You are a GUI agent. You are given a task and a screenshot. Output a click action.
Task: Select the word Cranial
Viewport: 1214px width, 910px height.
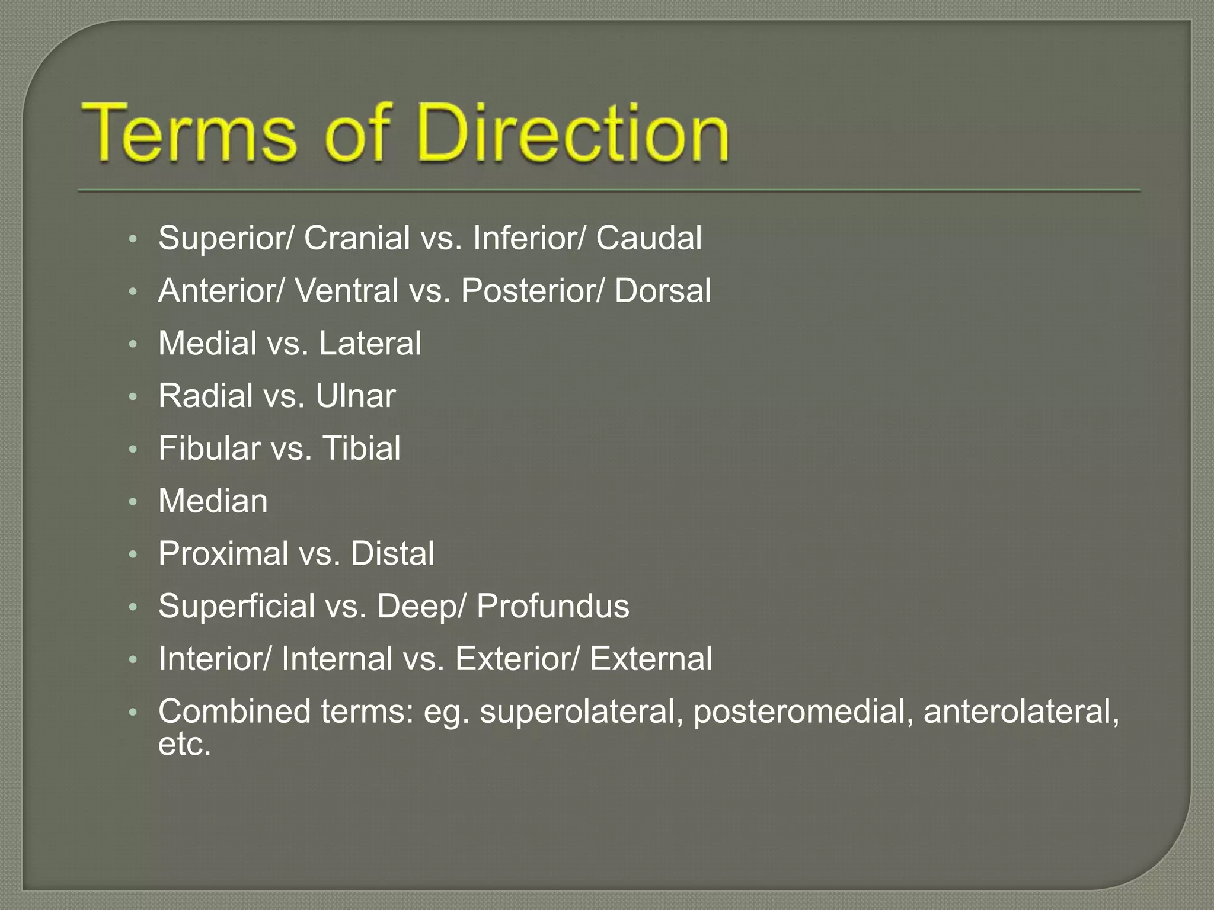pyautogui.click(x=357, y=238)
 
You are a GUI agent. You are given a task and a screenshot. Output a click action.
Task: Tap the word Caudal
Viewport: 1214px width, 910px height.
pyautogui.click(x=648, y=238)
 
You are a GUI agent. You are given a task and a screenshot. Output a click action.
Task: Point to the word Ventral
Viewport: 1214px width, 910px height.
pyautogui.click(x=346, y=291)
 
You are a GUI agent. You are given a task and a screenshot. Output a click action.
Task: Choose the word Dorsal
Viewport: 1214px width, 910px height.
pyautogui.click(x=662, y=291)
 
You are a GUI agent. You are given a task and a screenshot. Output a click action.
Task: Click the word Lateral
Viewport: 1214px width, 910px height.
pyautogui.click(x=370, y=344)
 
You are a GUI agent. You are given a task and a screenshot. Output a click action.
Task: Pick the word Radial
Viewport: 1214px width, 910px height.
pyautogui.click(x=206, y=396)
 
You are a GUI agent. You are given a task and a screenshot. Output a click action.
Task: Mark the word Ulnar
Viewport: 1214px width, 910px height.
pyautogui.click(x=355, y=396)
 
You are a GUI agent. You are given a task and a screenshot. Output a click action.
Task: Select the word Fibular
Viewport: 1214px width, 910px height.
pyautogui.click(x=209, y=448)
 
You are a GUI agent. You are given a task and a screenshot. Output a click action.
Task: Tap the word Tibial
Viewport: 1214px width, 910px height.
pyautogui.click(x=361, y=448)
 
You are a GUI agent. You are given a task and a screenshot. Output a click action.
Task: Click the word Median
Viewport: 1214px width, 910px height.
pyautogui.click(x=213, y=501)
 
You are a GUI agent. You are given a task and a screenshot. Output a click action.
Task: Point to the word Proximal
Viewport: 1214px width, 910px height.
pyautogui.click(x=223, y=554)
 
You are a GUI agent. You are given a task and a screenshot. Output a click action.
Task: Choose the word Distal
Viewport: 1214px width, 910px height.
pyautogui.click(x=392, y=554)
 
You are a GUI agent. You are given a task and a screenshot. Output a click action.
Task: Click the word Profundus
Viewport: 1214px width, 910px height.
pyautogui.click(x=552, y=607)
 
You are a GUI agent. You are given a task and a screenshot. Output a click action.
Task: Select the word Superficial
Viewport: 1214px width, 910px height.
pyautogui.click(x=237, y=607)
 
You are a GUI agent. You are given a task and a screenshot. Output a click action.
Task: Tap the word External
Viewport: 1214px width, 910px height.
pyautogui.click(x=651, y=659)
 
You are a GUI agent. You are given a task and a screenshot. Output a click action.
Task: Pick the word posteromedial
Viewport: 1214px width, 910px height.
pyautogui.click(x=803, y=712)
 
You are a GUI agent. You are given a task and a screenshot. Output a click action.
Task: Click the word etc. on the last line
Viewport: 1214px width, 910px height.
pyautogui.click(x=184, y=744)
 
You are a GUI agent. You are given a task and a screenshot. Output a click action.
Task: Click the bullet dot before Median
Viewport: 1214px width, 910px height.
pyautogui.click(x=133, y=502)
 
